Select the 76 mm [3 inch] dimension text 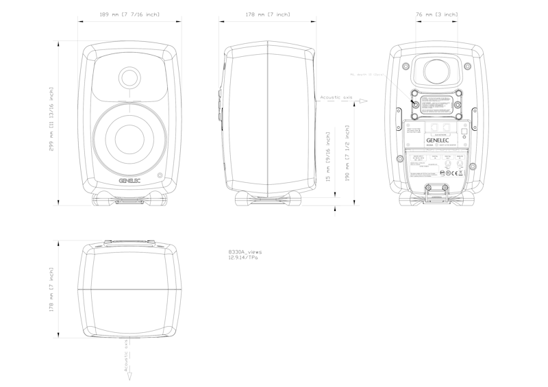436,14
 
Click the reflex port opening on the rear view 436,72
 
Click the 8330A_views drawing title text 245,252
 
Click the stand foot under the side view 268,198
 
